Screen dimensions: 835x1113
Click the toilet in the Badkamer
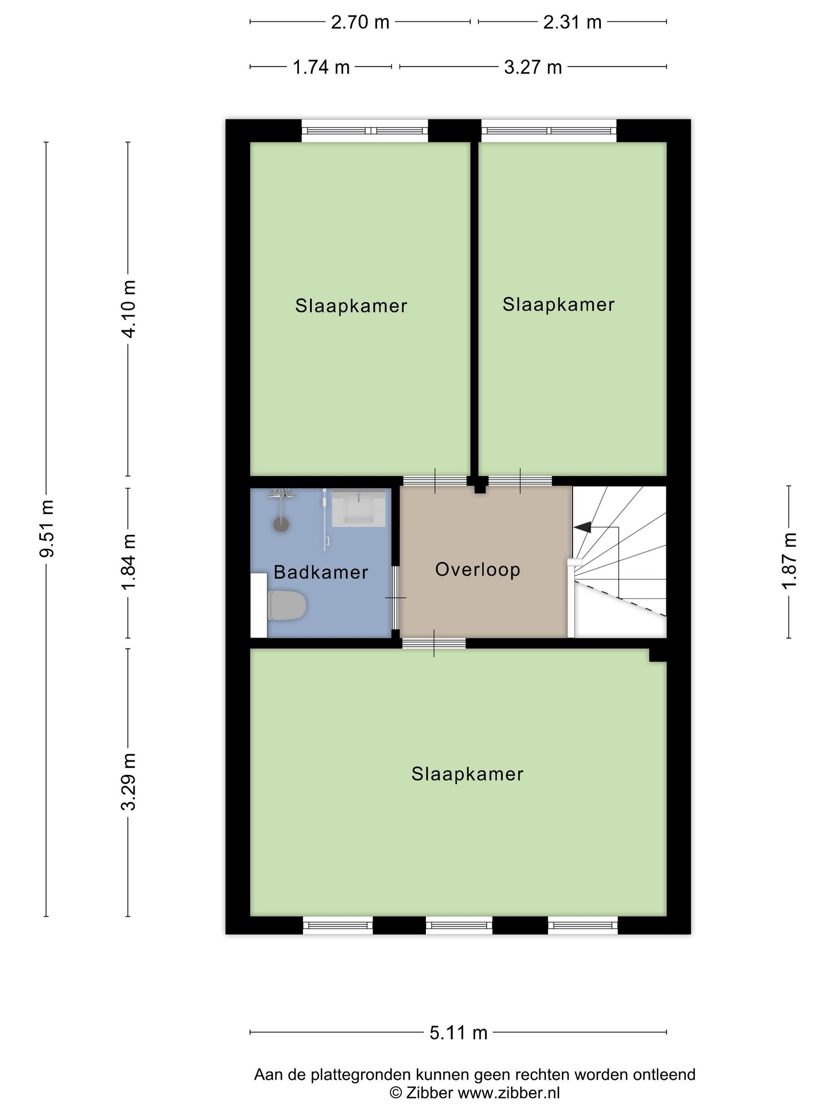(x=286, y=605)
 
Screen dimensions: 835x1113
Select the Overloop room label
(x=477, y=570)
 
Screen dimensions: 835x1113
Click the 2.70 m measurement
(x=360, y=22)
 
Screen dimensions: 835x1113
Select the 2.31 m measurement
(x=572, y=22)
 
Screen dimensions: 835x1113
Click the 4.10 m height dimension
(x=128, y=309)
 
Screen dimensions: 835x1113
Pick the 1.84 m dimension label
(x=128, y=562)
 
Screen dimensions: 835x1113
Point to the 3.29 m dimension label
(x=128, y=782)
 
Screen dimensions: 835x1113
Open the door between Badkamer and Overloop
(x=396, y=597)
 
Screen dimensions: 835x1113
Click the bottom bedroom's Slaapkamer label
(x=467, y=774)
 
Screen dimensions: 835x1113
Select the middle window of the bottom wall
(x=458, y=925)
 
